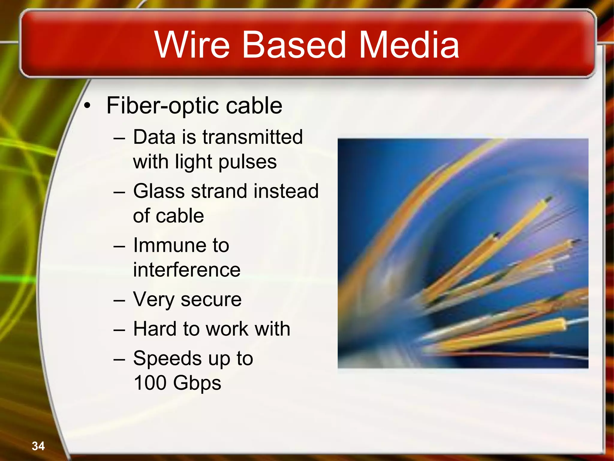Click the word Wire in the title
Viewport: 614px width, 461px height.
[192, 45]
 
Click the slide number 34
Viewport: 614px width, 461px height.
[38, 446]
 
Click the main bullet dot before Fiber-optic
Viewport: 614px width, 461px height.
[87, 106]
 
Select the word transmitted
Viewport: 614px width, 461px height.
[252, 137]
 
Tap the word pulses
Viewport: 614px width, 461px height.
[247, 162]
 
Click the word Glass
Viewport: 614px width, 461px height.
[158, 191]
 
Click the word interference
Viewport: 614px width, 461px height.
[186, 270]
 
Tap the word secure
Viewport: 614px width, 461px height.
[211, 299]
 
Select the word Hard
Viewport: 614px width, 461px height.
[155, 329]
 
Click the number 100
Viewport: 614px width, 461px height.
[150, 383]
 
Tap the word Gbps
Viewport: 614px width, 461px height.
[197, 383]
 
